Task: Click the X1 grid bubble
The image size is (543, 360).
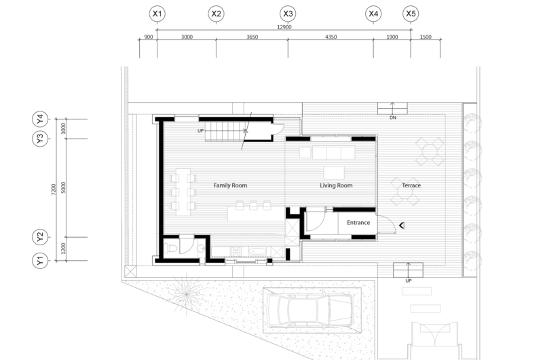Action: coord(157,14)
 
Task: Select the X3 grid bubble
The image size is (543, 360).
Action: coord(288,14)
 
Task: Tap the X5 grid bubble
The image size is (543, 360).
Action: coord(411,14)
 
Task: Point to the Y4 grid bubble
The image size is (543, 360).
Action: coord(40,119)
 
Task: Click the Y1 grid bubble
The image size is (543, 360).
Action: coord(40,261)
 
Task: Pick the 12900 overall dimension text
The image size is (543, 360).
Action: coord(284,27)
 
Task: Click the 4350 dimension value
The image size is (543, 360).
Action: coord(331,37)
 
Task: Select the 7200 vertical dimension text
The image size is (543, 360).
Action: coord(54,190)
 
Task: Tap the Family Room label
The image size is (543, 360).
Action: coord(230,185)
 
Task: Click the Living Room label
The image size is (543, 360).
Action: coord(336,185)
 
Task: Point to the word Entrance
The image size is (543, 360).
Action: coord(358,222)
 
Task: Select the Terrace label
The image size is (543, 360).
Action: coord(411,185)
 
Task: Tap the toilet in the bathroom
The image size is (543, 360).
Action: coord(171,249)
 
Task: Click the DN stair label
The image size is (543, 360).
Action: coord(393,118)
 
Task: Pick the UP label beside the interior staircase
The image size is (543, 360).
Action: coord(200,130)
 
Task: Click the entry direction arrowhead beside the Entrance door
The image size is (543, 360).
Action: coord(402,226)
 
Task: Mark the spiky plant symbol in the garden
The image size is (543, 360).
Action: coord(186,294)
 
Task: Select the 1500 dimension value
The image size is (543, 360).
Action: coord(426,37)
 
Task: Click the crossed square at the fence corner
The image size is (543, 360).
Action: coord(130,272)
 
